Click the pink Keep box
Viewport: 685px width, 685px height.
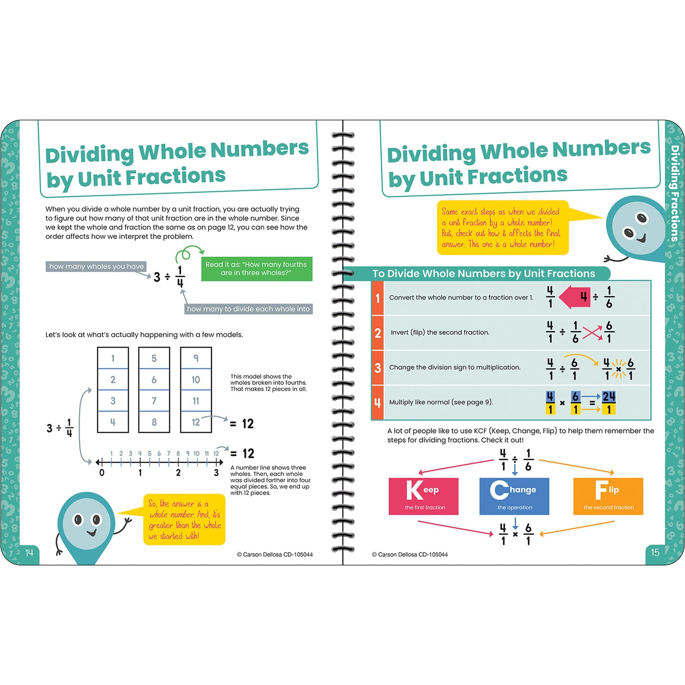pos(423,496)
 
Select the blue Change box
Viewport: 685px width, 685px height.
pos(514,496)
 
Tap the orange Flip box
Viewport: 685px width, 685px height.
pos(608,496)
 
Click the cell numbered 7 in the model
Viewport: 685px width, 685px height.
pos(154,401)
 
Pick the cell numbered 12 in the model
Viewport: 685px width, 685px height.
pos(196,422)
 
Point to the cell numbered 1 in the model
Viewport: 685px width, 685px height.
pos(113,358)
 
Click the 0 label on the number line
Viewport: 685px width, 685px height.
pos(102,473)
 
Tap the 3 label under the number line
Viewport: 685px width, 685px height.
pos(216,473)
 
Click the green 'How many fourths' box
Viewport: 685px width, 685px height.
pos(256,268)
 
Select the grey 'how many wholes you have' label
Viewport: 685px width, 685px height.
pos(96,266)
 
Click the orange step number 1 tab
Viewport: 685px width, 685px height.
pos(377,298)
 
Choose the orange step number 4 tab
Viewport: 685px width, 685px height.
pos(377,402)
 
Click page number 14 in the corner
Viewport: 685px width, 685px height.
pos(29,553)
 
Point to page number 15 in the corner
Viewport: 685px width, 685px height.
pos(655,553)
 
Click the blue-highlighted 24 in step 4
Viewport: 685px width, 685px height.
pos(609,397)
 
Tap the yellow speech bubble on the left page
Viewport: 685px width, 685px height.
pos(184,520)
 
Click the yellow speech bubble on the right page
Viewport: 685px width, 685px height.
pos(502,228)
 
